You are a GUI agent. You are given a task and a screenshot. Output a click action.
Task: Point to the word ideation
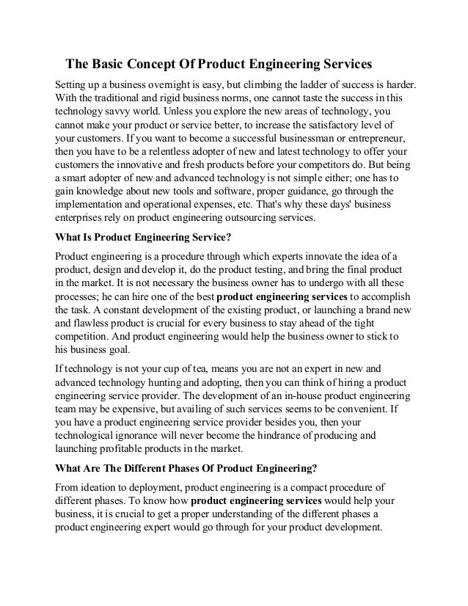tap(103, 488)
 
